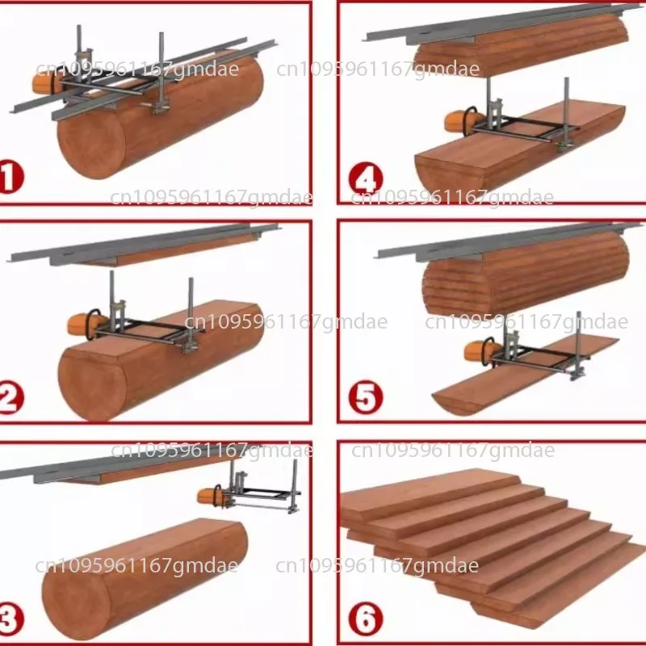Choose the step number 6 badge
point(366,620)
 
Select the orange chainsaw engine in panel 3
point(211,498)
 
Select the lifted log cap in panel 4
point(517,48)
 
